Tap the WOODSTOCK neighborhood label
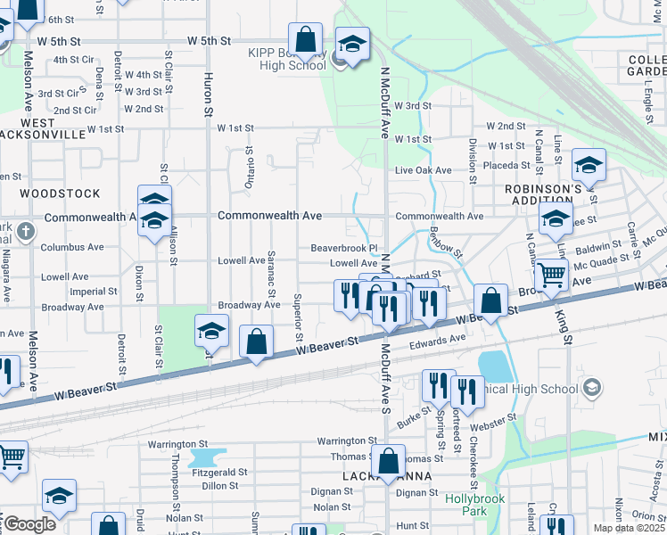click(61, 193)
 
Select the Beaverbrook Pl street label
click(344, 248)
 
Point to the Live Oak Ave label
click(424, 170)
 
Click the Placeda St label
click(507, 166)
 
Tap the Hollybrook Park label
click(466, 506)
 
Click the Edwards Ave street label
click(438, 339)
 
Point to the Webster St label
click(498, 417)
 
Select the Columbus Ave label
click(72, 247)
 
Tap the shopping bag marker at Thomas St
click(388, 461)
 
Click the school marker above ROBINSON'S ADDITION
click(589, 164)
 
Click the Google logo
click(29, 524)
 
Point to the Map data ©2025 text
click(630, 529)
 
